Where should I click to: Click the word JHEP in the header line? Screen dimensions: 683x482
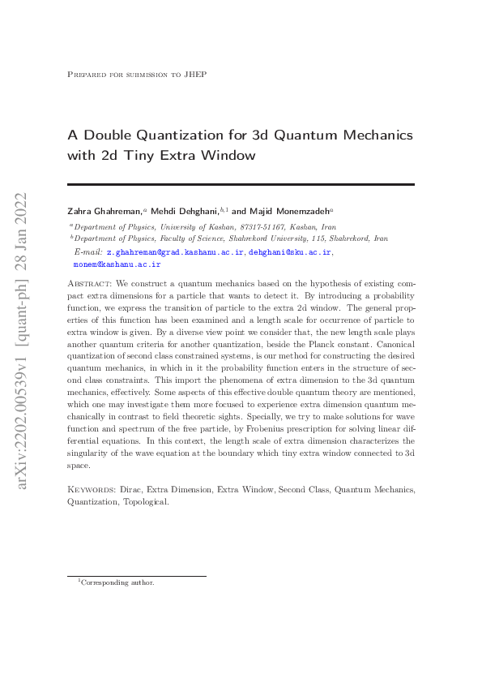(195, 75)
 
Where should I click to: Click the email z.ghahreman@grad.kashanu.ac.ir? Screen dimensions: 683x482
(176, 253)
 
